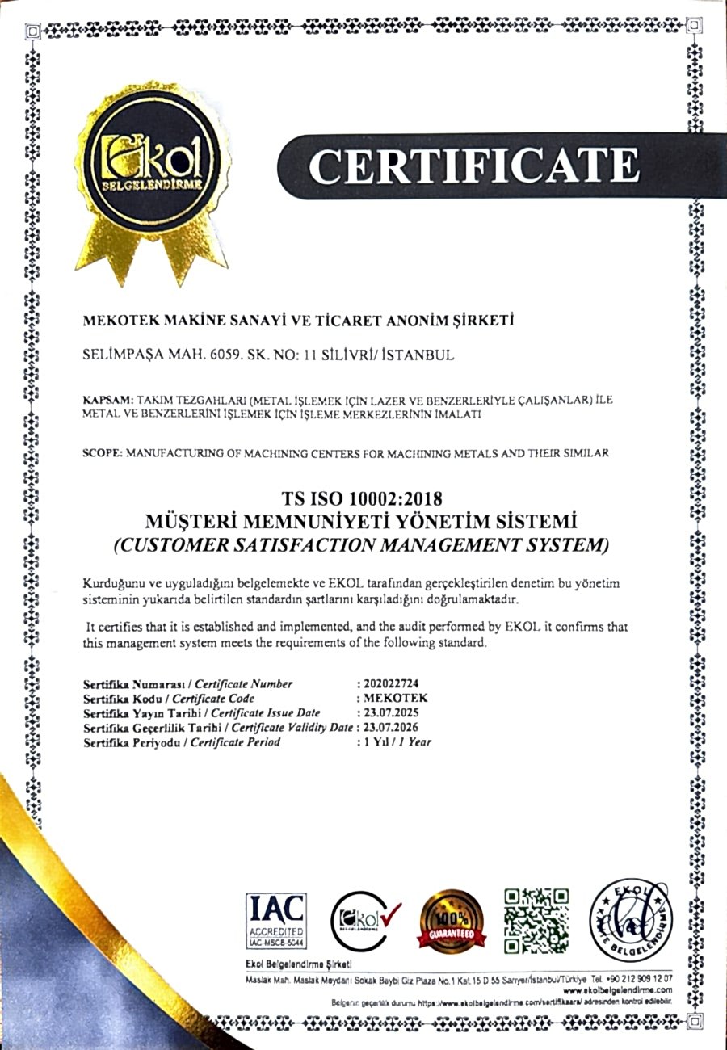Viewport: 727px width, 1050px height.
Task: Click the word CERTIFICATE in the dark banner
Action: click(x=473, y=166)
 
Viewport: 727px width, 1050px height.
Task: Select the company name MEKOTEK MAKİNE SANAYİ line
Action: click(x=299, y=321)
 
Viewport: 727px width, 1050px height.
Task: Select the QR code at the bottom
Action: click(x=536, y=920)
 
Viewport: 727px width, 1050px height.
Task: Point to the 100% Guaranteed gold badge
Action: click(x=452, y=922)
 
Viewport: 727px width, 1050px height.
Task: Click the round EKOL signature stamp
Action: click(x=631, y=919)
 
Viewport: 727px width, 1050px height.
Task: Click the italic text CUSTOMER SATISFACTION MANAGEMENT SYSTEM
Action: click(x=361, y=544)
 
